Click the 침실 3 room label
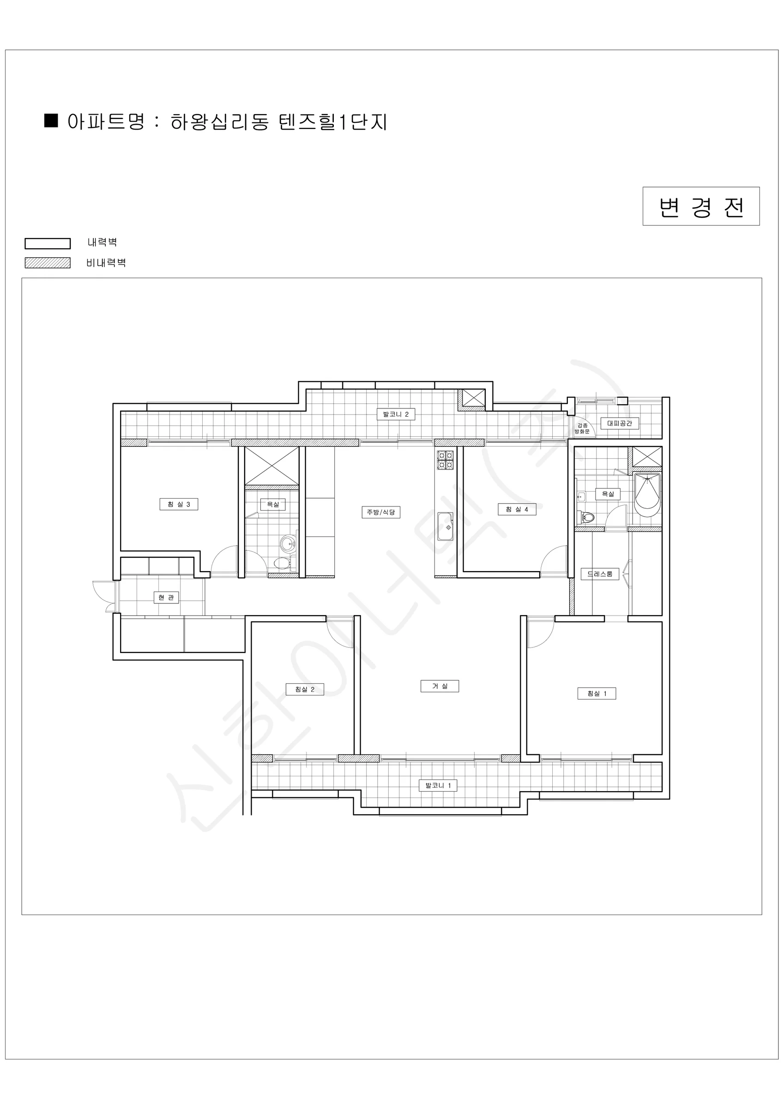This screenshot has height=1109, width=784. pyautogui.click(x=179, y=504)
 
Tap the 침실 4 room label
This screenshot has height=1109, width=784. pyautogui.click(x=517, y=509)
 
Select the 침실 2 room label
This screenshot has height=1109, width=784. pyautogui.click(x=305, y=689)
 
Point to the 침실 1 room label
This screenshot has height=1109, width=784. pyautogui.click(x=597, y=694)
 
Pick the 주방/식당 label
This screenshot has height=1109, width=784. pyautogui.click(x=381, y=512)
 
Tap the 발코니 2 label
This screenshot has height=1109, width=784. pyautogui.click(x=396, y=414)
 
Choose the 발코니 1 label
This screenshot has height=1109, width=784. pyautogui.click(x=438, y=786)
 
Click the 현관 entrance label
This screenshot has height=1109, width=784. pyautogui.click(x=166, y=597)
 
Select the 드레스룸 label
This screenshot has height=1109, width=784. pyautogui.click(x=600, y=574)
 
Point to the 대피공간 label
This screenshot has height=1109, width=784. pyautogui.click(x=619, y=423)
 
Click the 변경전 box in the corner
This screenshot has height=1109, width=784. pyautogui.click(x=701, y=206)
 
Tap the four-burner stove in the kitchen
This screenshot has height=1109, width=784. pyautogui.click(x=445, y=460)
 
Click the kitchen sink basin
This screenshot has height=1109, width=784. pyautogui.click(x=445, y=526)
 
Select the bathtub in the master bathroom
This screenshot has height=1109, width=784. pyautogui.click(x=647, y=494)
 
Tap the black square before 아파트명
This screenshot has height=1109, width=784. pyautogui.click(x=51, y=120)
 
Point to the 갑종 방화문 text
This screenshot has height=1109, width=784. pyautogui.click(x=582, y=428)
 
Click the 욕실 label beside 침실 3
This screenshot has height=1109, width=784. pyautogui.click(x=273, y=504)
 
